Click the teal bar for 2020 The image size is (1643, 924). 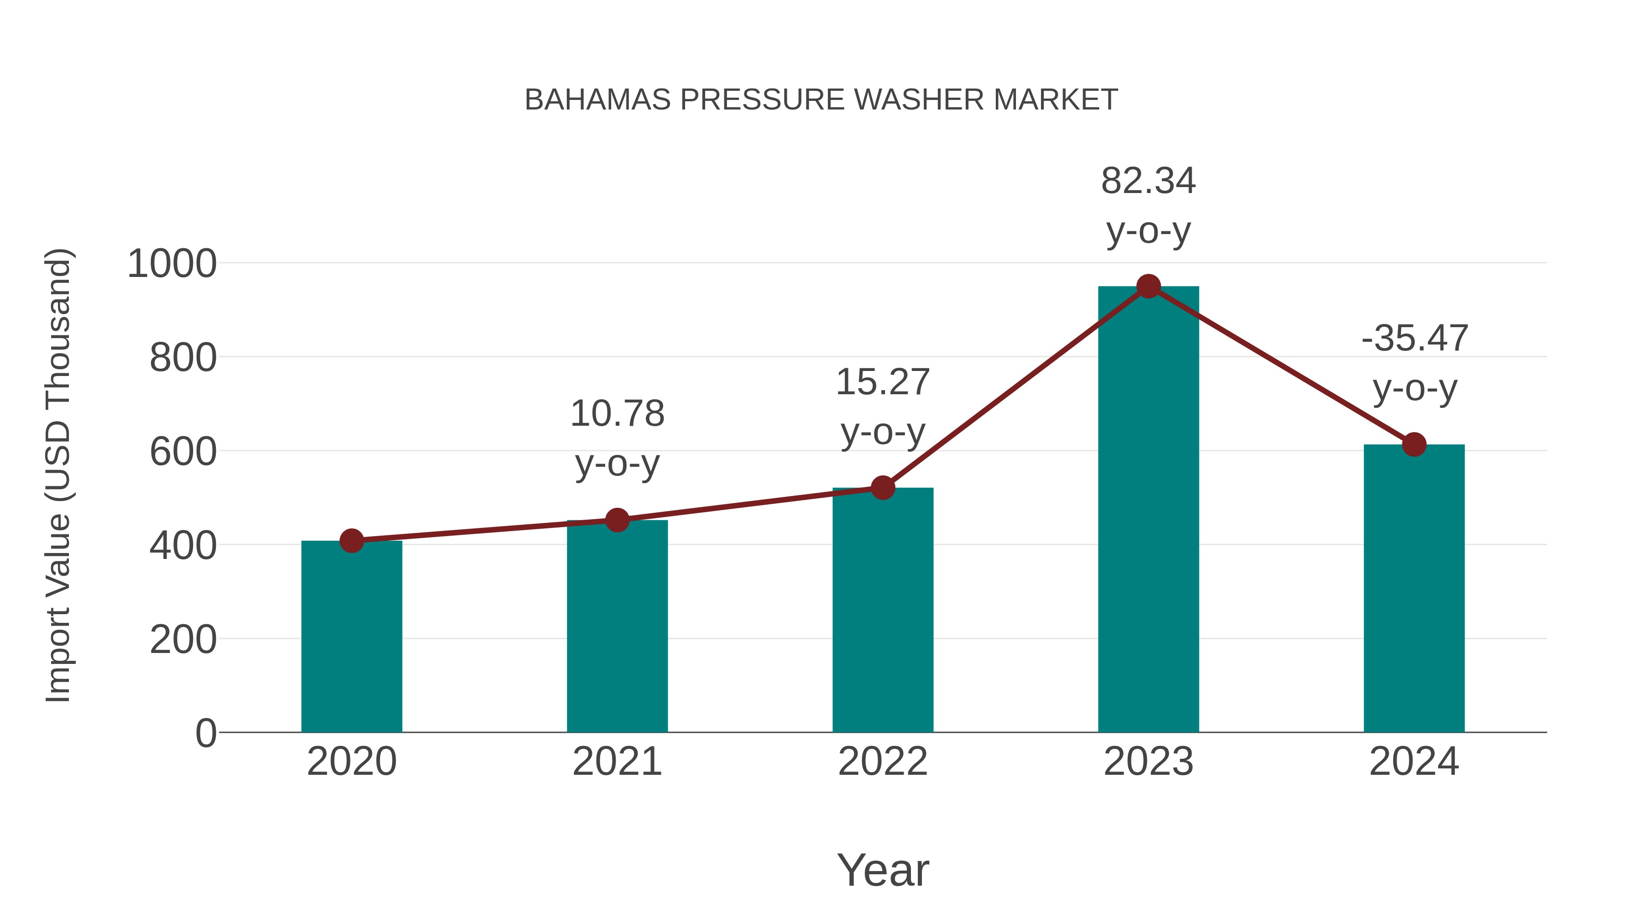coord(351,638)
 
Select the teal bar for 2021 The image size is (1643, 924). coord(617,628)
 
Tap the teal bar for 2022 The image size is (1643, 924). coord(883,612)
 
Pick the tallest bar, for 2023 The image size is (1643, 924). coord(1148,510)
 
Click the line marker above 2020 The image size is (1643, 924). coord(351,541)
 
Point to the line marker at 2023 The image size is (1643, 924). coord(1148,286)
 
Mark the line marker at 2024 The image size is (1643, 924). coord(1414,444)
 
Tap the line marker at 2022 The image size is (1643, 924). coord(883,488)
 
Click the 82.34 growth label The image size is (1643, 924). coord(1148,182)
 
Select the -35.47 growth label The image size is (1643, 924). coord(1414,339)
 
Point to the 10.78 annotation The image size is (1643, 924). coord(617,414)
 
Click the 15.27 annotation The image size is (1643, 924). coord(883,383)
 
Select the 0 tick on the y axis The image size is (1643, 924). coord(205,733)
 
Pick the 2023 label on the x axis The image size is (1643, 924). coord(1148,762)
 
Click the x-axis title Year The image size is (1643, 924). coord(883,870)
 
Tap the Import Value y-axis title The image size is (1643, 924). coord(58,475)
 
